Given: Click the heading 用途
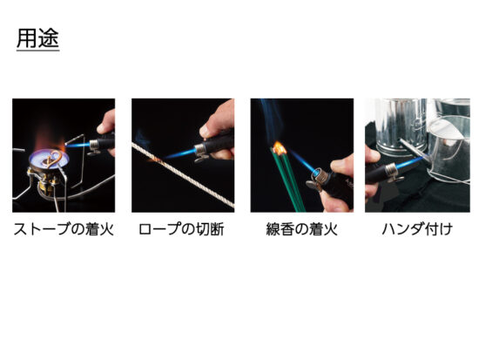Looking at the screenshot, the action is [37, 38].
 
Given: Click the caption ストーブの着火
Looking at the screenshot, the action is [64, 229].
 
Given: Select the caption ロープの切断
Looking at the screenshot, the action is [181, 229].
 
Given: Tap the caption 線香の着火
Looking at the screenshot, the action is [302, 229].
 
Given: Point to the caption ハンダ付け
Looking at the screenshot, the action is [417, 229].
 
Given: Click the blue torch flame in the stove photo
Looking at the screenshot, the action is [78, 145].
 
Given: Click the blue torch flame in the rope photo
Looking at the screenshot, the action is [180, 153].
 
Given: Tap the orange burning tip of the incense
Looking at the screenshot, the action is [280, 147].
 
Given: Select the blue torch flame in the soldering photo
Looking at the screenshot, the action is [409, 163].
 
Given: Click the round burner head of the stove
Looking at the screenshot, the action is [49, 159].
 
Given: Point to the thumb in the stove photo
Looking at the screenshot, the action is [105, 121].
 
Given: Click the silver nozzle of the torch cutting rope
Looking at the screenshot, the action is [200, 149].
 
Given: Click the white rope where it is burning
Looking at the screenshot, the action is [156, 159].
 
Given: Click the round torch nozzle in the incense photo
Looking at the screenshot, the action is [319, 175].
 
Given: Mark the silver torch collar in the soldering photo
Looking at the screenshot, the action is [391, 170].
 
